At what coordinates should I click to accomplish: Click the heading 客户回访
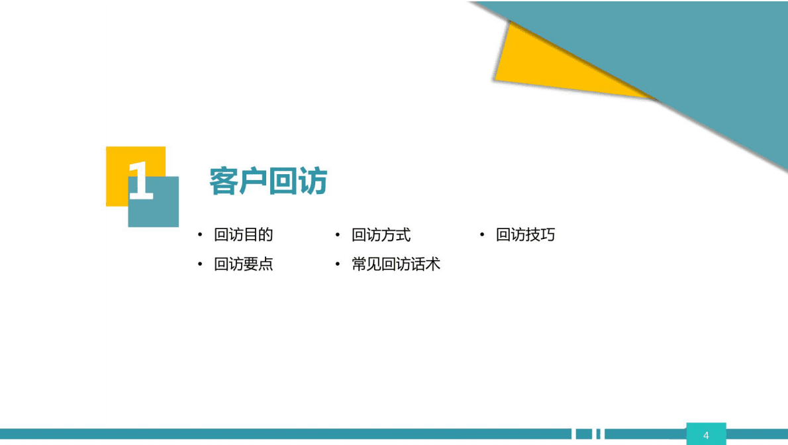268,181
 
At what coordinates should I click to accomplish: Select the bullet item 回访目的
243,234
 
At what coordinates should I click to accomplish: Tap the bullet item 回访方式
381,234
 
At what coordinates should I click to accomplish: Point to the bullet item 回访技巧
525,234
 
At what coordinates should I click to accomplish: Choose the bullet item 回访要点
243,264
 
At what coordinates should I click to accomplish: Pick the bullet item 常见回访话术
395,264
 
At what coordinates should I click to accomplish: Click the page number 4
706,435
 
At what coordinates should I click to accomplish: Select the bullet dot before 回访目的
200,234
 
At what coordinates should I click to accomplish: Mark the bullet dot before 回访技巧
482,234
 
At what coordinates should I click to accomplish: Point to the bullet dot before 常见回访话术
338,264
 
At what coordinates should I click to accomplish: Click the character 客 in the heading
224,181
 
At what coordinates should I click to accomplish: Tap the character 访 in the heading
313,181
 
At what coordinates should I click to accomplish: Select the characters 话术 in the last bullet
426,264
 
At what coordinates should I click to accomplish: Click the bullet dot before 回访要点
200,264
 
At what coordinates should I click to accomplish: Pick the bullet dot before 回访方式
338,234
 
